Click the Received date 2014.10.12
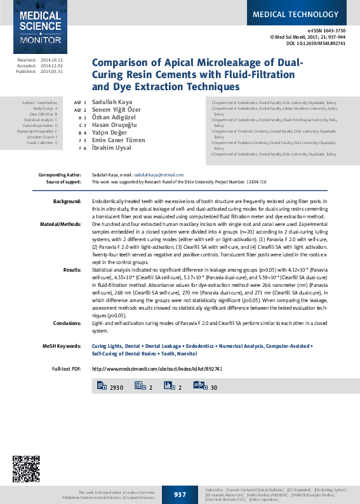[51, 60]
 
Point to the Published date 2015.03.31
[51, 71]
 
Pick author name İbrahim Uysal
[110, 148]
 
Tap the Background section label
[67, 201]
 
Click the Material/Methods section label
[61, 225]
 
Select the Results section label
[72, 269]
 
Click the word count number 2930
[116, 387]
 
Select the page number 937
[180, 494]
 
